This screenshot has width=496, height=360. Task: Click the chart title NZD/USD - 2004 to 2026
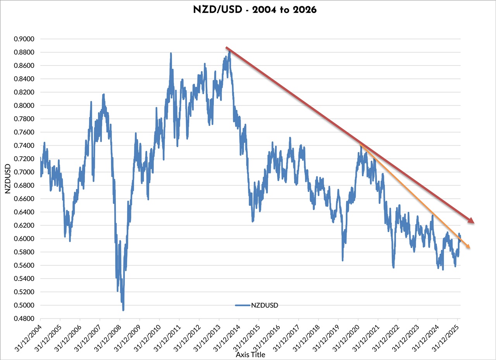[x=255, y=10]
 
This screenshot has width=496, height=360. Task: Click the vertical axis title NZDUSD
[x=8, y=179]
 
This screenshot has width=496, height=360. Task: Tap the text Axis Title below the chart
[x=250, y=355]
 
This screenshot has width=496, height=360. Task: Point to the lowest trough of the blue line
[x=123, y=310]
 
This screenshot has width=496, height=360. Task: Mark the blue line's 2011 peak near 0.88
[x=171, y=53]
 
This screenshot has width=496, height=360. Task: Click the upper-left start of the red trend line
[x=227, y=48]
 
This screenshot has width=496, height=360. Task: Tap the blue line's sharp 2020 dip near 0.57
[x=342, y=260]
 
